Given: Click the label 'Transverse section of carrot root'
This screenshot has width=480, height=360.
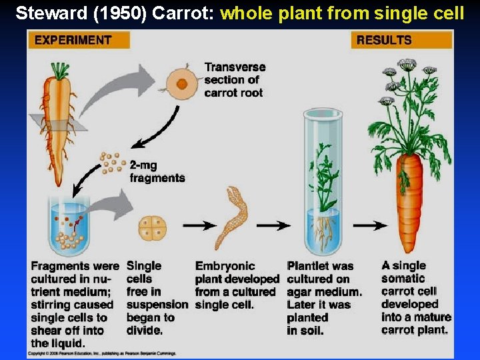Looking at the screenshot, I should click(234, 80).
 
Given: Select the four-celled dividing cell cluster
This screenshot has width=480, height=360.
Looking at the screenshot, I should click(152, 227).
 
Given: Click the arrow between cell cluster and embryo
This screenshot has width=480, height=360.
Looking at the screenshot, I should click(199, 226).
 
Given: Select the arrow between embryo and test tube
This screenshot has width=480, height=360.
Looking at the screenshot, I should click(273, 226).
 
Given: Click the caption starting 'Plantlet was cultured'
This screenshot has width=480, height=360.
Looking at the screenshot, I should click(324, 298).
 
